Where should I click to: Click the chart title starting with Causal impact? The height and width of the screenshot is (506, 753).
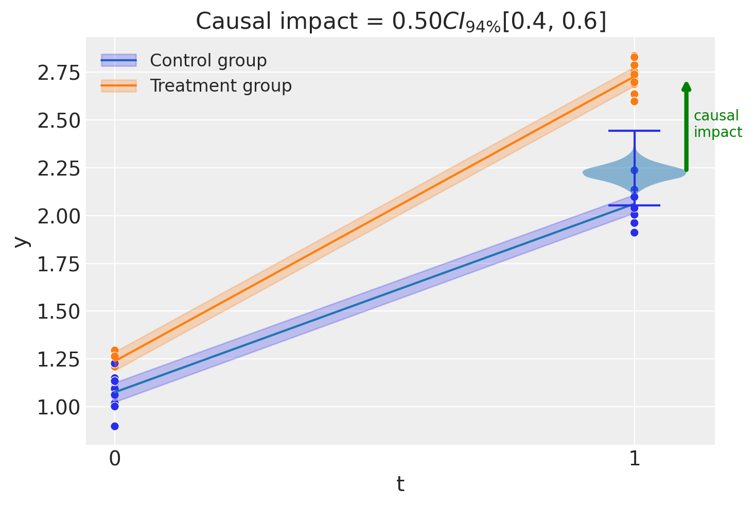[x=400, y=22]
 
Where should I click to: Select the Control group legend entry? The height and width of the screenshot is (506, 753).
[x=208, y=61]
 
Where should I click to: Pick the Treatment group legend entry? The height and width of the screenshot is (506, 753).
[x=220, y=86]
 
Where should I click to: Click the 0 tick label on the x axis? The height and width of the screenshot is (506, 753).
[x=115, y=459]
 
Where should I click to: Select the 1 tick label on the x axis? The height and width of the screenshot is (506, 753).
[x=635, y=459]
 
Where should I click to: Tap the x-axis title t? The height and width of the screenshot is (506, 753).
[x=400, y=484]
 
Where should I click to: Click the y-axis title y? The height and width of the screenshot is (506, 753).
[x=21, y=241]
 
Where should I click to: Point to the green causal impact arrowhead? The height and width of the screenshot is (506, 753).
[x=686, y=86]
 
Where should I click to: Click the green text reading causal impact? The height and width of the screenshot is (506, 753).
[x=717, y=124]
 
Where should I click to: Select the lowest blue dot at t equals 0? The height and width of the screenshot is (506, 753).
[x=115, y=426]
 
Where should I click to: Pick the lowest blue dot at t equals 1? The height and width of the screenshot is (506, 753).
[x=634, y=233]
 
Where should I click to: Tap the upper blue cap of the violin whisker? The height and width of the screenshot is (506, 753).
[x=634, y=131]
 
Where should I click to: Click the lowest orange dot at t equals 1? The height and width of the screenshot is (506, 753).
[x=634, y=101]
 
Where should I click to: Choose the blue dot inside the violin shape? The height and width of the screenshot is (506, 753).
[x=634, y=170]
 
